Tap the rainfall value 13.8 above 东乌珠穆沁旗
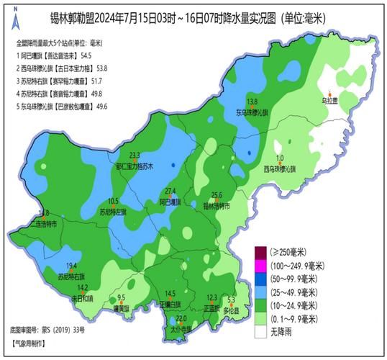252,102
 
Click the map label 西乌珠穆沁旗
280,169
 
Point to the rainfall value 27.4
170,191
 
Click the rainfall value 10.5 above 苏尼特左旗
113,202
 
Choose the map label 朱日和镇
81,297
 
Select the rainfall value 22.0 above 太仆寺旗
181,318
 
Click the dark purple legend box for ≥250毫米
260,252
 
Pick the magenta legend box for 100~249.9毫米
260,266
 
